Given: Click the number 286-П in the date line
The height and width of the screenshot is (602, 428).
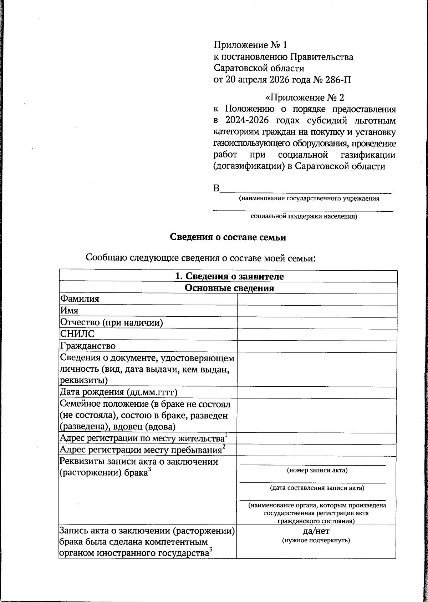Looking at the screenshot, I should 337,79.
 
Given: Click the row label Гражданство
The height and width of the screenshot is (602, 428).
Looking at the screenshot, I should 88,346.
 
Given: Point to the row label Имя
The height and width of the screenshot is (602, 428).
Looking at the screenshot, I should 69,311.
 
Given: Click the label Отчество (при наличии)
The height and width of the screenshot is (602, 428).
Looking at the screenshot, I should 111,322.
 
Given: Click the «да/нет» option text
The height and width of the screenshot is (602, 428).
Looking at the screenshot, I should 316,531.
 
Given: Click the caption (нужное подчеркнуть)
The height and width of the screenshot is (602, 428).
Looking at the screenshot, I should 316,540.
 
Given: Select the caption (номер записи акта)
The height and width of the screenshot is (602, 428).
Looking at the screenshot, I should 317,470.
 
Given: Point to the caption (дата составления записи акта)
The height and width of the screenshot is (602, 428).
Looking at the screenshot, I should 317,488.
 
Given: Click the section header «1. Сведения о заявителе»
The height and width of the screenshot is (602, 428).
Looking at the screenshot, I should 229,276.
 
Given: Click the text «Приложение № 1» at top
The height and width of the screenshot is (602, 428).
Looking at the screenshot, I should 250,45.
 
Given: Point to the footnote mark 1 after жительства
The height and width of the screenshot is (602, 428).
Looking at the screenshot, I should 226,434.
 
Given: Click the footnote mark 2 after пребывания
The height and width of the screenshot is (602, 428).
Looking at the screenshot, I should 224,446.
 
